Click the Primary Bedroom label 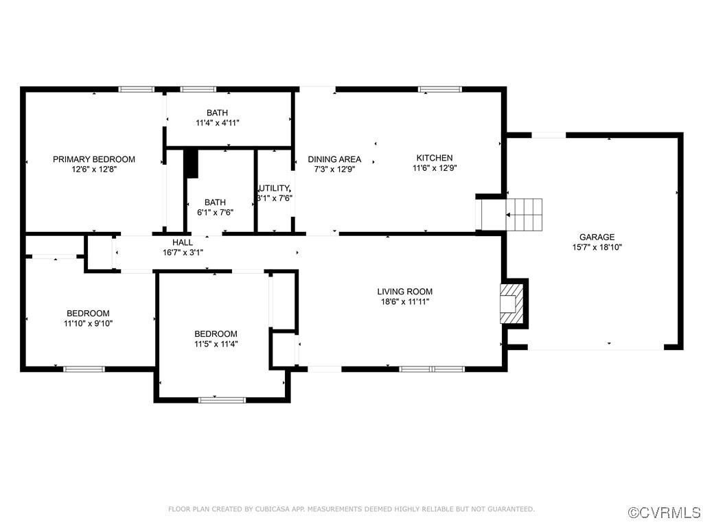pos(94,159)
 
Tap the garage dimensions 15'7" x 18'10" pos(597,247)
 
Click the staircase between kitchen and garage pos(525,214)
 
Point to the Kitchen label pos(435,158)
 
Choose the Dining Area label pos(334,159)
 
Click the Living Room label pos(405,291)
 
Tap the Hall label pos(183,242)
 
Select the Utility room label pos(275,188)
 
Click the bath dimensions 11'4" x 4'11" pos(218,123)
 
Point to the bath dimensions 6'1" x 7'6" pos(215,212)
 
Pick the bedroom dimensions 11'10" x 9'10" pos(88,323)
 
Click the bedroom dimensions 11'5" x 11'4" pos(216,344)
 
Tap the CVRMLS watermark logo pos(665,513)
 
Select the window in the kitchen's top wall pos(440,89)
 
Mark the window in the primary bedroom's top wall pos(136,89)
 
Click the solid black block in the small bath pos(192,163)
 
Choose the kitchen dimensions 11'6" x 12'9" pos(435,168)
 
